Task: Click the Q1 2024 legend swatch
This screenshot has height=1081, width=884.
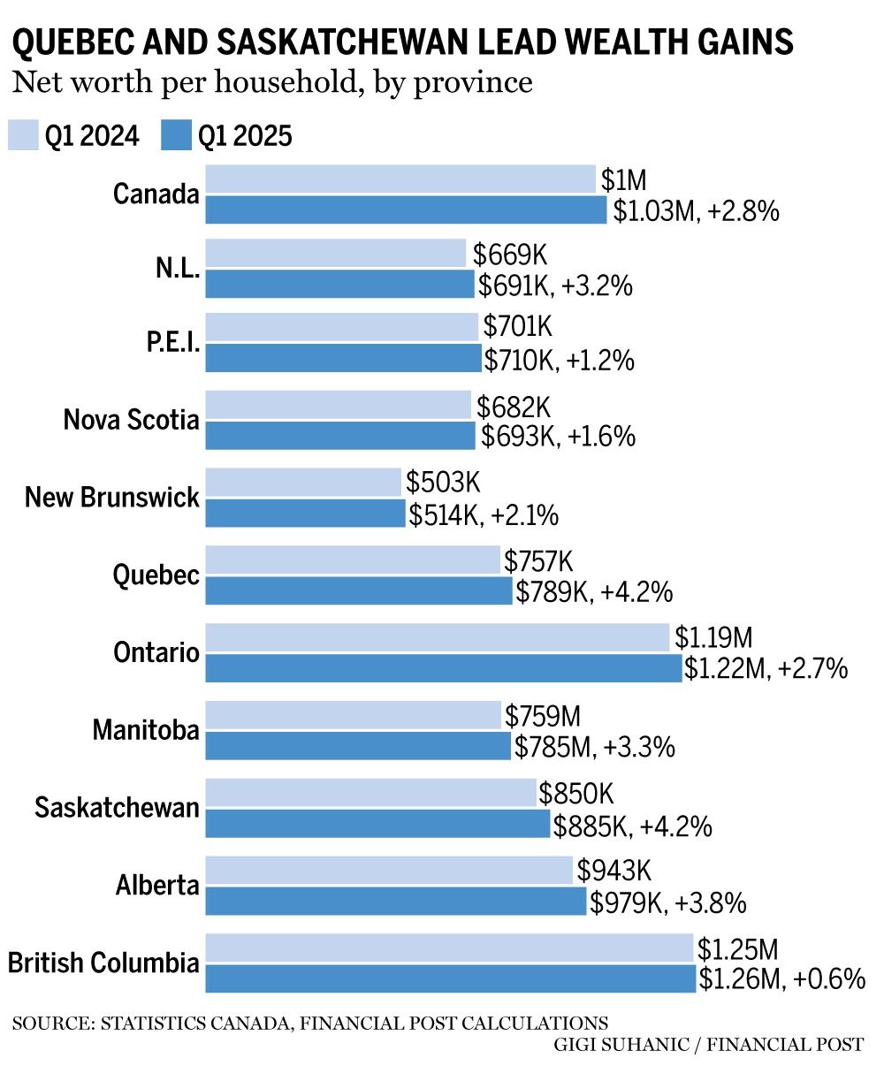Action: click(23, 136)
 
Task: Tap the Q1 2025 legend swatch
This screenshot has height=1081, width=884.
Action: click(177, 136)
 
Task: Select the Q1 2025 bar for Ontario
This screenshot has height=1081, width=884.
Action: click(444, 669)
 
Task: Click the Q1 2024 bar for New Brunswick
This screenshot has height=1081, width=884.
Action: click(303, 483)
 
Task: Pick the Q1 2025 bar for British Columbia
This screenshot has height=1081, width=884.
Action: click(451, 979)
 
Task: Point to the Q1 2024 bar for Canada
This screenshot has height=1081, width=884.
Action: click(400, 179)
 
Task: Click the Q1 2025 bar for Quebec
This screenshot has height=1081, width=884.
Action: click(359, 591)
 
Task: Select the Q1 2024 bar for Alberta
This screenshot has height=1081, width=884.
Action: click(389, 871)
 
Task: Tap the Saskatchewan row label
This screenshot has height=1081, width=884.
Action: click(117, 807)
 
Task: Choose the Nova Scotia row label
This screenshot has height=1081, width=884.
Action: click(131, 420)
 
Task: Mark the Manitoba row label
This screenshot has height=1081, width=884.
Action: click(146, 730)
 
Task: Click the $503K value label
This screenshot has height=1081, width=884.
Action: click(443, 483)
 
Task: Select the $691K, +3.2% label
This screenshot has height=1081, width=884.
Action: click(555, 285)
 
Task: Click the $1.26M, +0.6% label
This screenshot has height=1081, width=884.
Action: click(781, 979)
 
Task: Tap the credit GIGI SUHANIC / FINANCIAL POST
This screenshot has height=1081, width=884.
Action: click(707, 1045)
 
